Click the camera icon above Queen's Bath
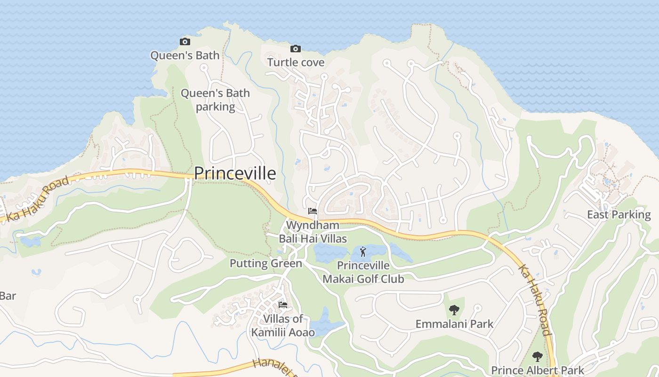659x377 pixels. coord(185,41)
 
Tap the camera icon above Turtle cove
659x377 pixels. coord(296,49)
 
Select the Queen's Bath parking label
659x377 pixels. coord(215,100)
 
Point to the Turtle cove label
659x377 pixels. coord(296,62)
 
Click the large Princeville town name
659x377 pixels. coord(235,173)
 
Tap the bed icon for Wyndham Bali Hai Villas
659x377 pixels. coord(312,211)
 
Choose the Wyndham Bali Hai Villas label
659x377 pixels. coord(313,232)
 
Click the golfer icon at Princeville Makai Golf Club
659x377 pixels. coord(362,252)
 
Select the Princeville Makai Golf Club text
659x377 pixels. coord(363,272)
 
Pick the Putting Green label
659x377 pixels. coord(265,263)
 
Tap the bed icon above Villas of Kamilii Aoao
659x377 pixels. coord(283,305)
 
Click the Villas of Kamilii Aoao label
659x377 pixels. coord(283,326)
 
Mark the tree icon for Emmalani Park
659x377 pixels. coord(454,310)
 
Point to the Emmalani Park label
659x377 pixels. coord(454,324)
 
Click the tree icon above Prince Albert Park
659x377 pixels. coord(538,356)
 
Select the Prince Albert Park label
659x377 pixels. coord(538,370)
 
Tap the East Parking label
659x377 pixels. coord(619,215)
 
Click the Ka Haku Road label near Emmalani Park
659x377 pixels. coord(535,300)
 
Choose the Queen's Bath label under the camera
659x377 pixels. coord(185,56)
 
